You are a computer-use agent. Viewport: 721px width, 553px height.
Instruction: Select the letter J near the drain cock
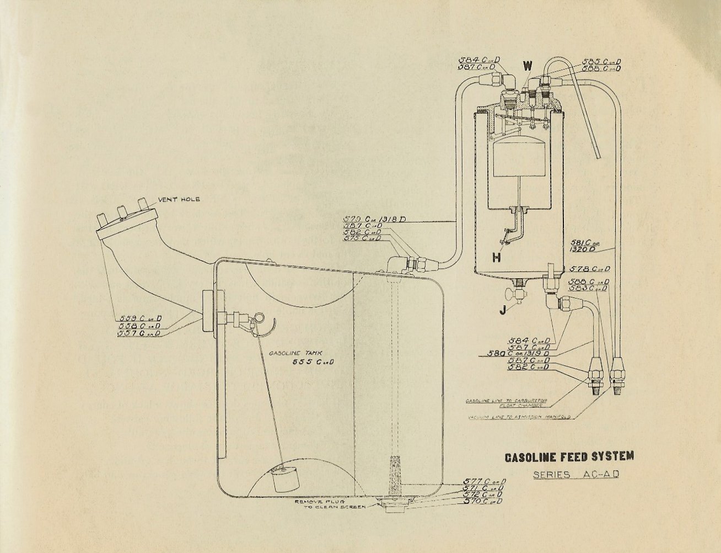click(x=503, y=310)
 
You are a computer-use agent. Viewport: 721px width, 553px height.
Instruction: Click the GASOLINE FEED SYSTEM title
click(x=569, y=456)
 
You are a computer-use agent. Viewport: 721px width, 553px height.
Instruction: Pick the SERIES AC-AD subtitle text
click(x=568, y=475)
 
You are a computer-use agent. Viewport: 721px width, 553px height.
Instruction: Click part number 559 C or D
click(x=141, y=318)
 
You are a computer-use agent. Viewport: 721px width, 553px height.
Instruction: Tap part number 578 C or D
click(x=589, y=269)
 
